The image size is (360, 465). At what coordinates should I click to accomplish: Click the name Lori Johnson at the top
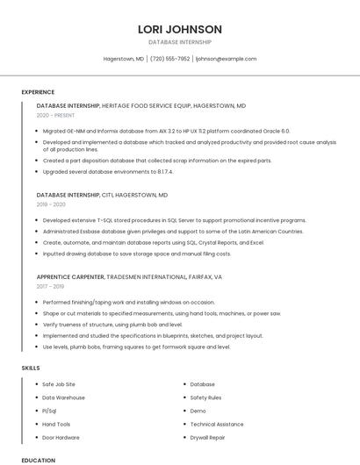click(180, 29)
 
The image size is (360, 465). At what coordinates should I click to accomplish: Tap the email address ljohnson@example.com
click(226, 59)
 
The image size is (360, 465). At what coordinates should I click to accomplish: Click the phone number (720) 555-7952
click(169, 59)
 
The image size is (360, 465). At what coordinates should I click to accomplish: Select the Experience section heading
click(38, 91)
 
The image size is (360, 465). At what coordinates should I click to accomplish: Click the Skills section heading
click(31, 368)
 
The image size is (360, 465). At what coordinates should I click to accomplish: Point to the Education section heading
click(38, 460)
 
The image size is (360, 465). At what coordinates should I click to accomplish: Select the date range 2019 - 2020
click(51, 204)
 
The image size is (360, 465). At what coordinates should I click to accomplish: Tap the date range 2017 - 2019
click(51, 286)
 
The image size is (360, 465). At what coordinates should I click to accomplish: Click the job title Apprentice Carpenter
click(70, 276)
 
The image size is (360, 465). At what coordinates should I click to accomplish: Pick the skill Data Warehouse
click(63, 397)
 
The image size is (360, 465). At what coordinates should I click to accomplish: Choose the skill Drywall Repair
click(208, 437)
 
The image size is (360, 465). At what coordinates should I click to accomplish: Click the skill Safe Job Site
click(59, 384)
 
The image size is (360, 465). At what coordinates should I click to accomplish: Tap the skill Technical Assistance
click(217, 424)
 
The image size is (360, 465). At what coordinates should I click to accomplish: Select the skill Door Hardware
click(61, 437)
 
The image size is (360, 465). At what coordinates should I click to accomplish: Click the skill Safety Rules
click(205, 397)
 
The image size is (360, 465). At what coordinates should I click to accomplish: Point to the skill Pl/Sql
click(49, 411)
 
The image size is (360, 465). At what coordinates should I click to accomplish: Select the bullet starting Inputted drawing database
click(136, 254)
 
